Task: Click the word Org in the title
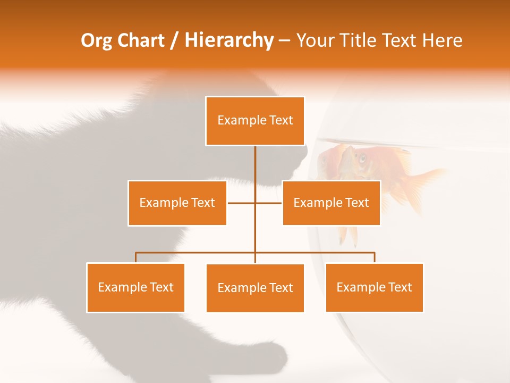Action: [97, 40]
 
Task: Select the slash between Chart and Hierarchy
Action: [174, 40]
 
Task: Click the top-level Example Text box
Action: [255, 121]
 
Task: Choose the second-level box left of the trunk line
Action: [177, 203]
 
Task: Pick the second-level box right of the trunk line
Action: [331, 203]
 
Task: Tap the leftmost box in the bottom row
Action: [135, 288]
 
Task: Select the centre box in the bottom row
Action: [255, 288]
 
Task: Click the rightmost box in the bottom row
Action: [374, 288]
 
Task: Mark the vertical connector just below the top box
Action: [255, 162]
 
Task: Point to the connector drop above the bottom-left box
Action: [135, 257]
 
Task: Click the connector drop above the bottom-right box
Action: [375, 257]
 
